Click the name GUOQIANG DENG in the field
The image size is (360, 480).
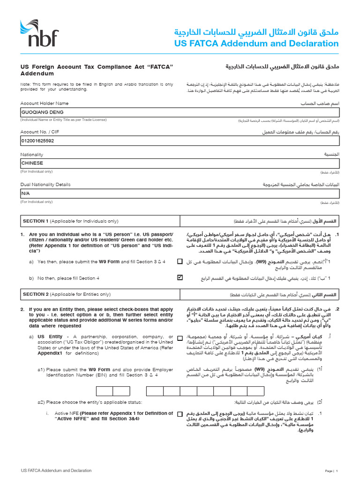[x=42, y=112]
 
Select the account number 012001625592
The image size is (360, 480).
[x=38, y=140]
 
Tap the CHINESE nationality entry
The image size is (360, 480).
[x=32, y=163]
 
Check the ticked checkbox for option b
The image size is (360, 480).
[x=180, y=277]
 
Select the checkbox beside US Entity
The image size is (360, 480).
[x=180, y=337]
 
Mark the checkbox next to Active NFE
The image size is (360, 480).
[x=180, y=414]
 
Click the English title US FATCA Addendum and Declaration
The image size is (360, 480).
[x=256, y=44]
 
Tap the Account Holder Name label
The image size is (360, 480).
[x=44, y=103]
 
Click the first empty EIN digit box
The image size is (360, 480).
[x=105, y=391]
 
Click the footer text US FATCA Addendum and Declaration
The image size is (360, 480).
[x=56, y=470]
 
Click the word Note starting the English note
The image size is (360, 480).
[x=25, y=84]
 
